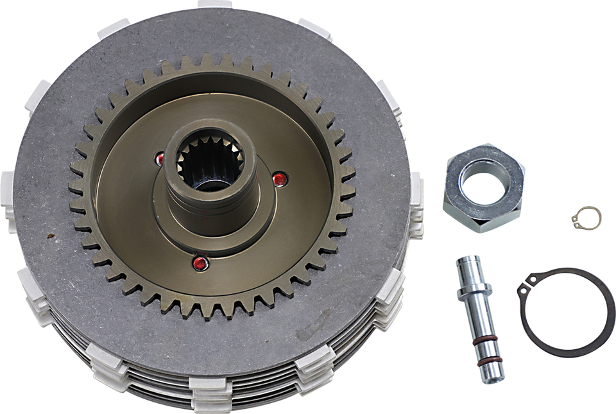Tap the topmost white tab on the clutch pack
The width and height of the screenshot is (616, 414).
[x=215, y=4]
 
